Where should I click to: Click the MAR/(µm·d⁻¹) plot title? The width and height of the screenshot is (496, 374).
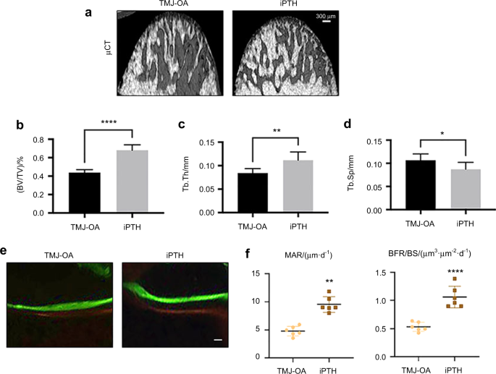pos(313,254)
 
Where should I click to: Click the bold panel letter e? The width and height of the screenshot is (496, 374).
pos(5,250)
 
